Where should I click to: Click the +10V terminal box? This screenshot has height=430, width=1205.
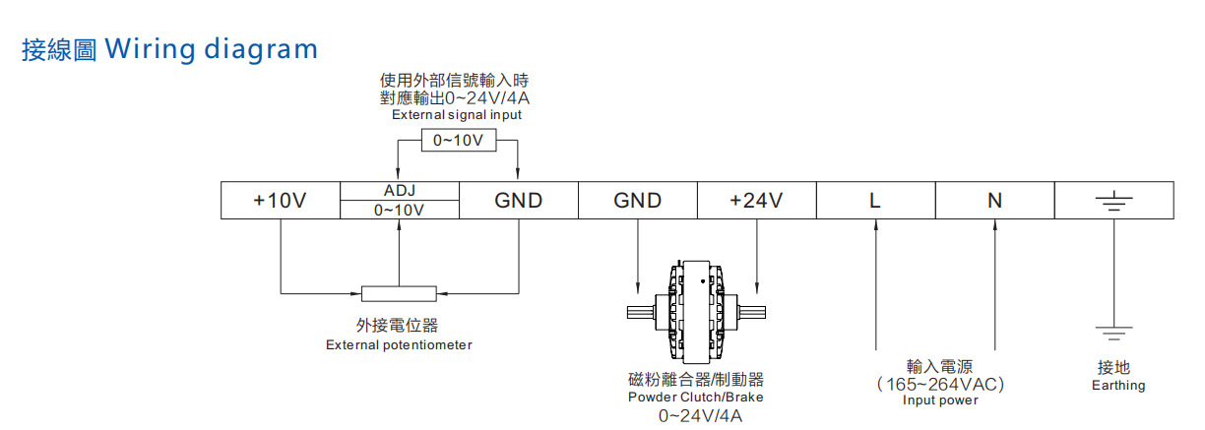pyautogui.click(x=280, y=201)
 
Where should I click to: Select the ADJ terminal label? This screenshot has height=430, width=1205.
pyautogui.click(x=399, y=191)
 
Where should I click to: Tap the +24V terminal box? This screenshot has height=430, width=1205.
pyautogui.click(x=756, y=201)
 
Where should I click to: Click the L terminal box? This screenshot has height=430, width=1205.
pyautogui.click(x=875, y=201)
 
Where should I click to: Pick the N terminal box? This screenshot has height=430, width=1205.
pyautogui.click(x=994, y=201)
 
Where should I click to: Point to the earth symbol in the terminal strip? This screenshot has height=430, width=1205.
pyautogui.click(x=1113, y=202)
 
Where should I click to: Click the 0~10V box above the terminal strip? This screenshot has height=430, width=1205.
pyautogui.click(x=458, y=141)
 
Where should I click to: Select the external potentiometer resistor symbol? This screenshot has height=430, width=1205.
pyautogui.click(x=399, y=293)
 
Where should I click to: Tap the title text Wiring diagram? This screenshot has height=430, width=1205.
pyautogui.click(x=211, y=48)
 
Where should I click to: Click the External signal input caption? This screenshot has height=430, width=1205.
pyautogui.click(x=457, y=115)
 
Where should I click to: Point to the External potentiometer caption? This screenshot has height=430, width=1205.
pyautogui.click(x=399, y=345)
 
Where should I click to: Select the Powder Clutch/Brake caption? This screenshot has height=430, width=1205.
pyautogui.click(x=695, y=398)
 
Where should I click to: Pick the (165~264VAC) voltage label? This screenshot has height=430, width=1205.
pyautogui.click(x=940, y=384)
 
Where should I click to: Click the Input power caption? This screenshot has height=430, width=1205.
pyautogui.click(x=940, y=400)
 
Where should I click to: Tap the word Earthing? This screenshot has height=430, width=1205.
pyautogui.click(x=1118, y=386)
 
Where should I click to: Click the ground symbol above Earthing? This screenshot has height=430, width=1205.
pyautogui.click(x=1113, y=333)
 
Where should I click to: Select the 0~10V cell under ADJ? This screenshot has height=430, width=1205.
pyautogui.click(x=399, y=210)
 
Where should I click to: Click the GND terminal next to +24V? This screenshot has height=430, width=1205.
pyautogui.click(x=637, y=201)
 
